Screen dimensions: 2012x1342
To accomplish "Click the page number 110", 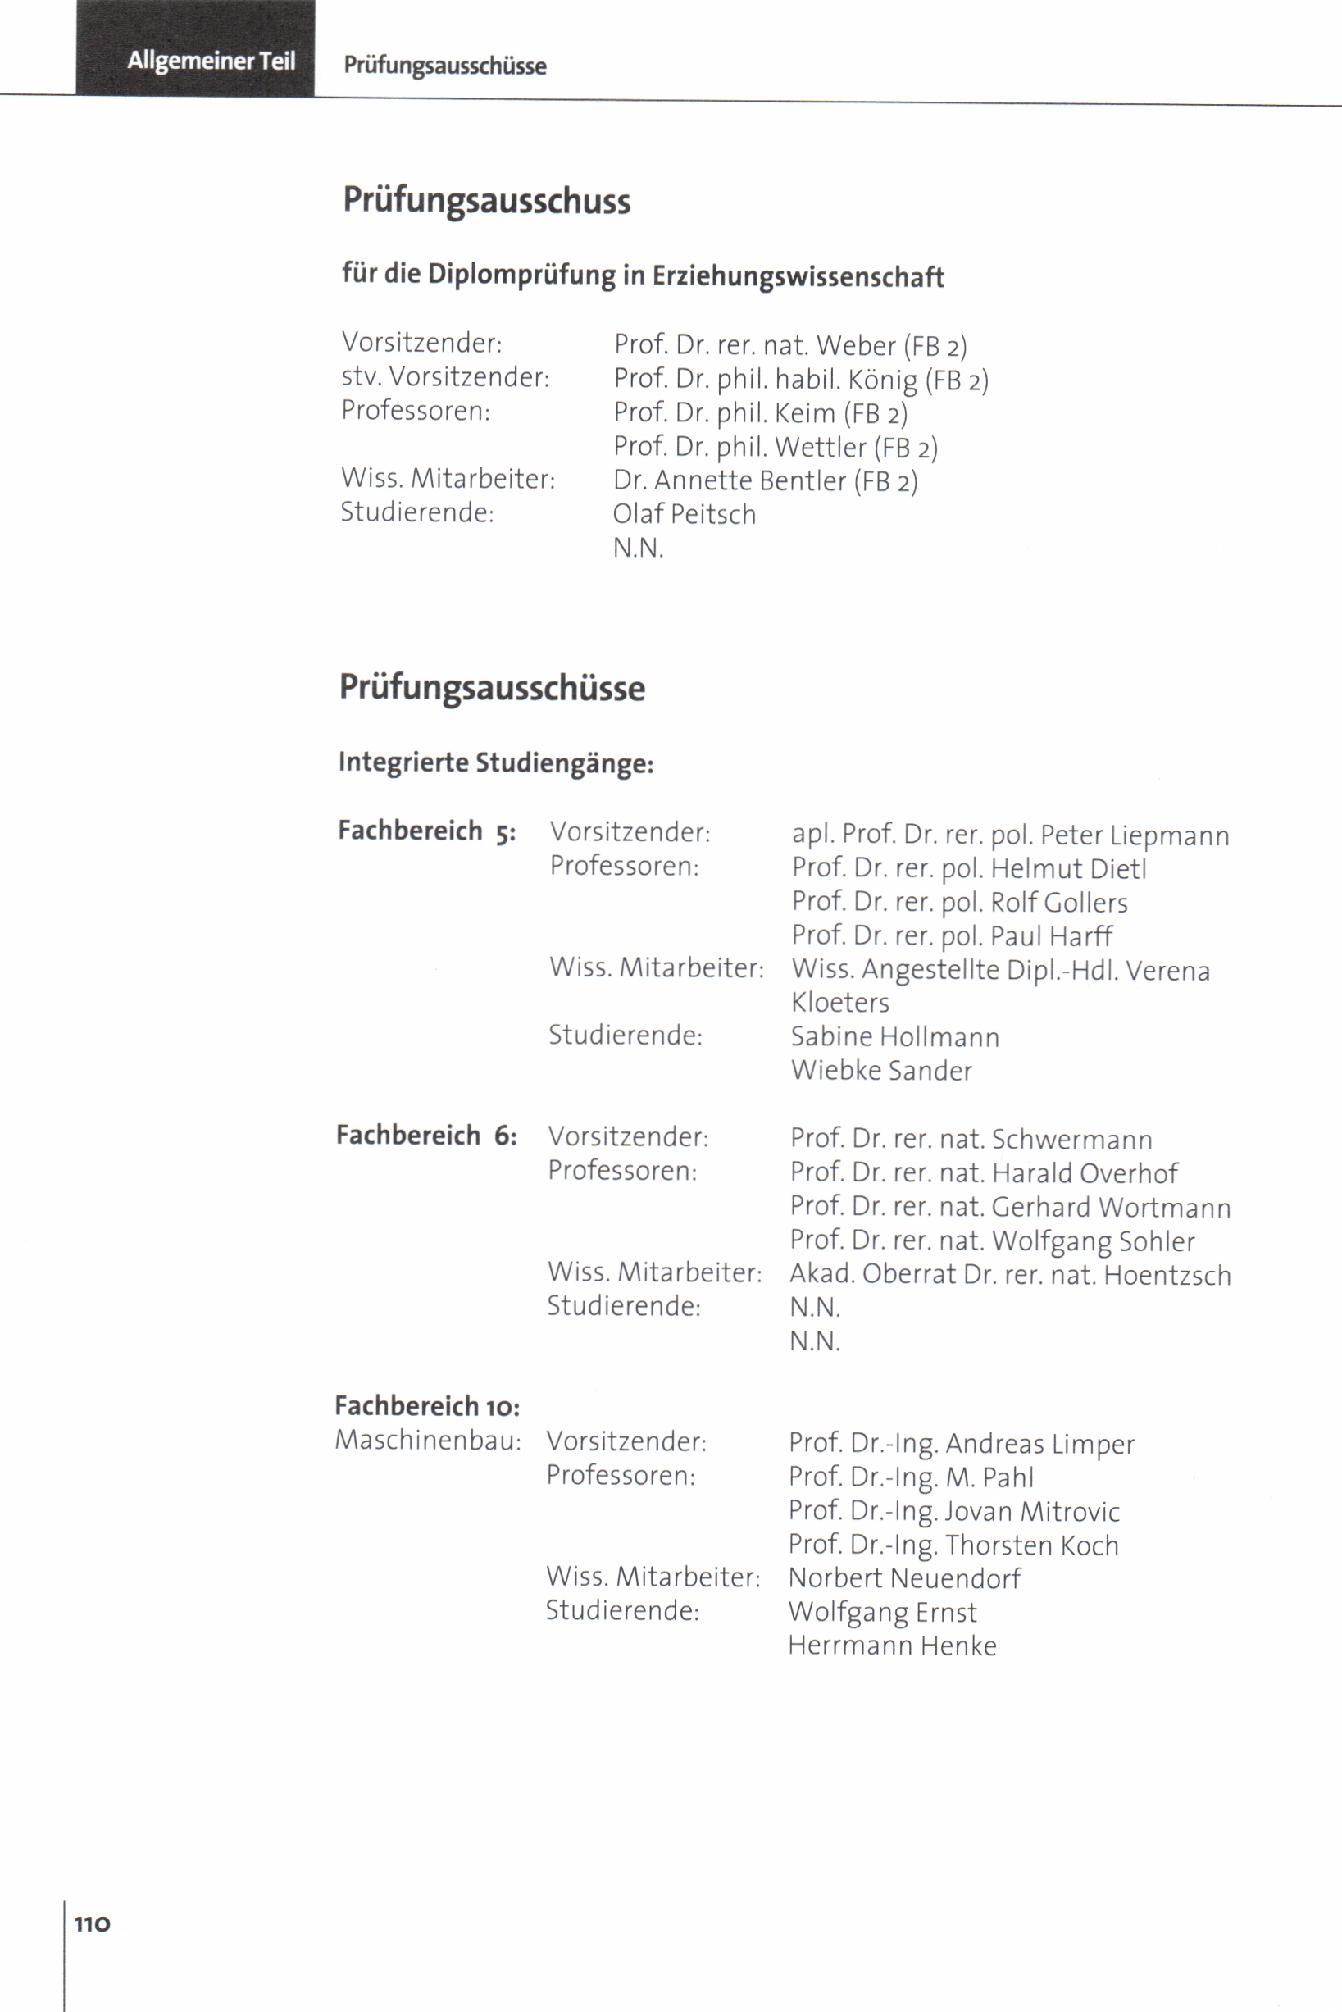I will pyautogui.click(x=93, y=1923).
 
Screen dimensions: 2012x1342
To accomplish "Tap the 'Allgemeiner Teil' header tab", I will pyautogui.click(x=211, y=61).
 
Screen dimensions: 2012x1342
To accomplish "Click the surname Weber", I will pyautogui.click(x=855, y=345).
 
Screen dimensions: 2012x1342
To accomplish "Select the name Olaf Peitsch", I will pyautogui.click(x=684, y=513).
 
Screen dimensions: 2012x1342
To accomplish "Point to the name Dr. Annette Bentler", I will pyautogui.click(x=729, y=480).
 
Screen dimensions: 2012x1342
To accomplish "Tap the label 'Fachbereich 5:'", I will pyautogui.click(x=426, y=831).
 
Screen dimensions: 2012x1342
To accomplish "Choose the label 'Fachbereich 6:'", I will pyautogui.click(x=426, y=1136).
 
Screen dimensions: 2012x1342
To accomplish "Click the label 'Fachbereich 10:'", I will pyautogui.click(x=427, y=1406).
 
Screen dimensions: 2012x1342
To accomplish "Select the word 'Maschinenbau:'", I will pyautogui.click(x=427, y=1441).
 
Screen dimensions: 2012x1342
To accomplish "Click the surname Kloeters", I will pyautogui.click(x=839, y=1002).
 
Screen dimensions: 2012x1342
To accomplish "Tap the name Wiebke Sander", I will pyautogui.click(x=880, y=1071).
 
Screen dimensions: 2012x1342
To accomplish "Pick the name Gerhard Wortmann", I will pyautogui.click(x=1111, y=1208).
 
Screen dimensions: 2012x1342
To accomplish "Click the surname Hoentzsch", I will pyautogui.click(x=1167, y=1275).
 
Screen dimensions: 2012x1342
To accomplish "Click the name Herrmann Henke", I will pyautogui.click(x=892, y=1646).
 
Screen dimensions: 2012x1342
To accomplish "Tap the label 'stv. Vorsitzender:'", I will pyautogui.click(x=445, y=376).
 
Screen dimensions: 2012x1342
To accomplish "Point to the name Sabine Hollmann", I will pyautogui.click(x=894, y=1037).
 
